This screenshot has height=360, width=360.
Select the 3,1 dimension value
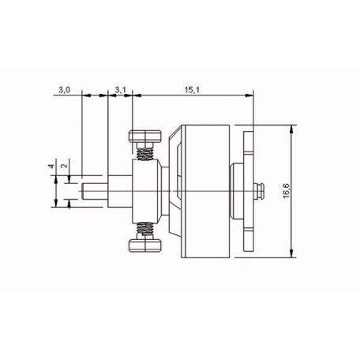tap(120, 91)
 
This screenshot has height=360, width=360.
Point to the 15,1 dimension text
tap(191, 91)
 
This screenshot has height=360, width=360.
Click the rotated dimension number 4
tap(48, 167)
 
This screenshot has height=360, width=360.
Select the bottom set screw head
tap(144, 247)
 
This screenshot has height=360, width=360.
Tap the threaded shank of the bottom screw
tap(145, 231)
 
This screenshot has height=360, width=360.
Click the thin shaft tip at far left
tap(92, 190)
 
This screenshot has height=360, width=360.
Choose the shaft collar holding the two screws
tap(144, 190)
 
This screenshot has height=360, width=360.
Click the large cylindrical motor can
tap(204, 190)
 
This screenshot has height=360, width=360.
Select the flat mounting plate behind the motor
tap(249, 190)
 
